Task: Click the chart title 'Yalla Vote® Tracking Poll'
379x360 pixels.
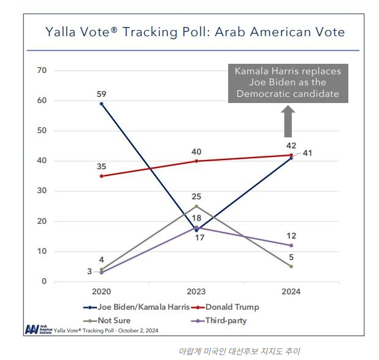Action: pyautogui.click(x=195, y=32)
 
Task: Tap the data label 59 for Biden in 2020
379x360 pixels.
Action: pyautogui.click(x=101, y=94)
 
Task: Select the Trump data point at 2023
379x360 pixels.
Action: pyautogui.click(x=196, y=161)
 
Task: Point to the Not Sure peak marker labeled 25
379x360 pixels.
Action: pyautogui.click(x=196, y=206)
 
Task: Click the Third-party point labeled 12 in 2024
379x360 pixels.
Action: pyautogui.click(x=291, y=245)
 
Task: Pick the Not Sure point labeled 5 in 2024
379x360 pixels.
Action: pyautogui.click(x=291, y=266)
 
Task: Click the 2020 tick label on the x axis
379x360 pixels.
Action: pyautogui.click(x=101, y=293)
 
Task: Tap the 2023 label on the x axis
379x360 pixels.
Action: pyautogui.click(x=196, y=293)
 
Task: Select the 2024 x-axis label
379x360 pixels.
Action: pyautogui.click(x=291, y=293)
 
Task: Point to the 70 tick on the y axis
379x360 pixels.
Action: pyautogui.click(x=42, y=71)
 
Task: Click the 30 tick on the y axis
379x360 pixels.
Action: pyautogui.click(x=42, y=191)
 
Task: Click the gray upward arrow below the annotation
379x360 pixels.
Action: pyautogui.click(x=287, y=121)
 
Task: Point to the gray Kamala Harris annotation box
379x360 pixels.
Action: pyautogui.click(x=288, y=83)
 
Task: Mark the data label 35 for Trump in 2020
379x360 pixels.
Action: pyautogui.click(x=101, y=166)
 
